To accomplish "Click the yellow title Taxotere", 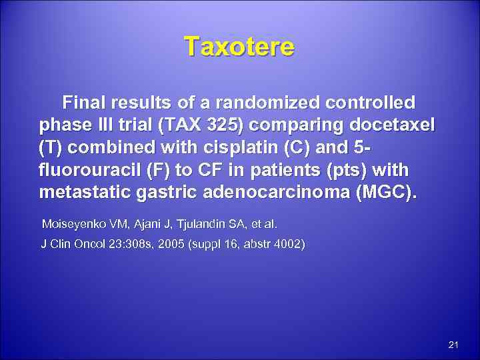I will click(x=239, y=47).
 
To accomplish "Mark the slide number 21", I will click(x=454, y=345).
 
